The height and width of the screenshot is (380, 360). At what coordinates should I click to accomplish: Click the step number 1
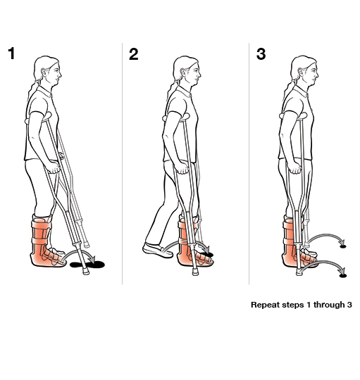(12, 54)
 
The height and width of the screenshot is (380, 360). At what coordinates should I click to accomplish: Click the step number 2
(134, 54)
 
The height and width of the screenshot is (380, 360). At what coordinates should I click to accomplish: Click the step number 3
(261, 54)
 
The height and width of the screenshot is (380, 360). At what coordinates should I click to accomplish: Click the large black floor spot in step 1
(94, 265)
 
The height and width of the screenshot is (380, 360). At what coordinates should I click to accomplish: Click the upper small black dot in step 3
(343, 246)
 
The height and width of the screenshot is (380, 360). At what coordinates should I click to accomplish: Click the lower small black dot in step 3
(343, 275)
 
